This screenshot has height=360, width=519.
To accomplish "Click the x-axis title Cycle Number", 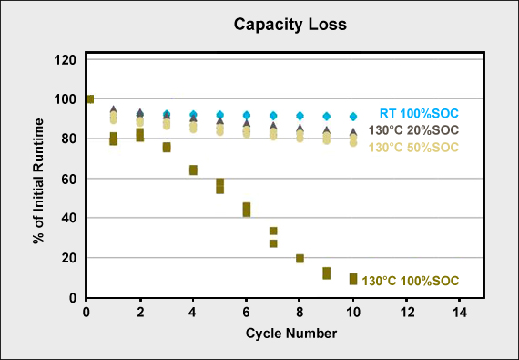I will pos(285,333).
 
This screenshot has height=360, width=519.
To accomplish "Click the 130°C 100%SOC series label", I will pos(411,281).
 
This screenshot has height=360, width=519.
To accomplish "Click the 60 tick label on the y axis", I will pos(68,179).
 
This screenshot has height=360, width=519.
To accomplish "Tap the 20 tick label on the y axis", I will pos(68,258).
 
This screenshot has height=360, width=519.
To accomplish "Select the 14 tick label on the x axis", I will pos(459,313).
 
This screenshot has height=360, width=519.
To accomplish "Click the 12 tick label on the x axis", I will pos(406,313).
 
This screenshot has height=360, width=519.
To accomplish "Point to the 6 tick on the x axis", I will pos(246,313).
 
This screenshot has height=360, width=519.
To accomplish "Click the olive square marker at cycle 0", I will pos(89,99).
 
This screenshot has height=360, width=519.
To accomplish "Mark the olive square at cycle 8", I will pos(300,258).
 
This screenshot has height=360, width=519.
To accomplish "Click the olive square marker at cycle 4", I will pos(193,170).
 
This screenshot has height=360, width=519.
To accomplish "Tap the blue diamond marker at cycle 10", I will pos(353,117).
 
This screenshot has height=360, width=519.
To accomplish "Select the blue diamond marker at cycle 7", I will pos(273,116).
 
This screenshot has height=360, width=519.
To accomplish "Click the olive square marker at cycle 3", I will pos(167,147).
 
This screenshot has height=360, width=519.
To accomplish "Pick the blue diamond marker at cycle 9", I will pos(327,117).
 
